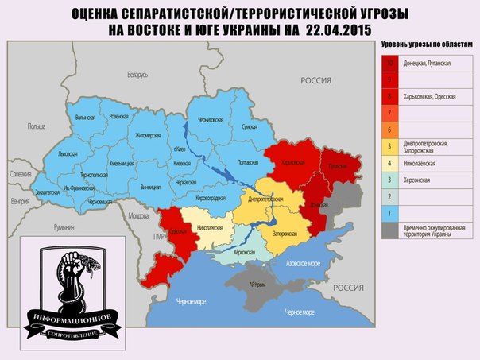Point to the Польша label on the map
coord(37,126)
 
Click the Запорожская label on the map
coord(285,234)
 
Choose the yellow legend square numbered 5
coord(390,145)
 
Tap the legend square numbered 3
coord(390,180)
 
